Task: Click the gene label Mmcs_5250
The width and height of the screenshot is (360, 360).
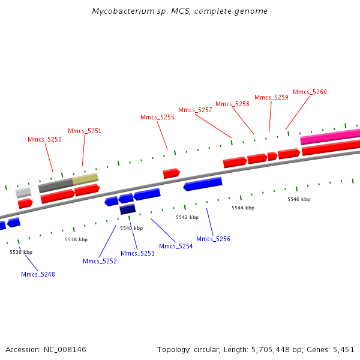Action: pos(44,139)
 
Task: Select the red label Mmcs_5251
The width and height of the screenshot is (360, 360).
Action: pos(85,131)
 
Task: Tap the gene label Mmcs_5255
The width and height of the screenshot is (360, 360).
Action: pos(157,118)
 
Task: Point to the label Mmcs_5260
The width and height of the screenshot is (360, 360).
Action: pos(310,92)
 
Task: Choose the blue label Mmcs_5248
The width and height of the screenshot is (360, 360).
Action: pos(38,274)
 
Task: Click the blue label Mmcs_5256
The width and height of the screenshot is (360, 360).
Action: pos(213,239)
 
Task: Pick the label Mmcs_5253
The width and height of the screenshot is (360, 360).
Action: pos(137,253)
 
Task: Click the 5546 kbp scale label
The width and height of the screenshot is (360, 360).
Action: pos(299,199)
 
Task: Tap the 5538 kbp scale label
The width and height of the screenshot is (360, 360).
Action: pos(76,239)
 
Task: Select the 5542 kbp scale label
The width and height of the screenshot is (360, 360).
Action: pos(187,217)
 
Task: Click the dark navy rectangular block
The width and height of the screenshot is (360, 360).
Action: pos(128,209)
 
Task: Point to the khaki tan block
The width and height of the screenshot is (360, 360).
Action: pos(85,179)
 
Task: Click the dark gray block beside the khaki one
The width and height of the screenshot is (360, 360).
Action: pos(56,185)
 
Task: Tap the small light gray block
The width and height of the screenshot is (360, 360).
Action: pos(23,193)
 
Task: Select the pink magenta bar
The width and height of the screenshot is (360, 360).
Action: pos(330,137)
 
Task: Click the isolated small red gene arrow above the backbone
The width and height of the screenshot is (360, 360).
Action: pos(171,173)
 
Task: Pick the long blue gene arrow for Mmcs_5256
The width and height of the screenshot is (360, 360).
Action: pos(203,184)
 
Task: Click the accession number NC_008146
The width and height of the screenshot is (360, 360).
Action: pos(65,350)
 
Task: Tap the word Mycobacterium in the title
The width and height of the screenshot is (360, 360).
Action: pos(123,11)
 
